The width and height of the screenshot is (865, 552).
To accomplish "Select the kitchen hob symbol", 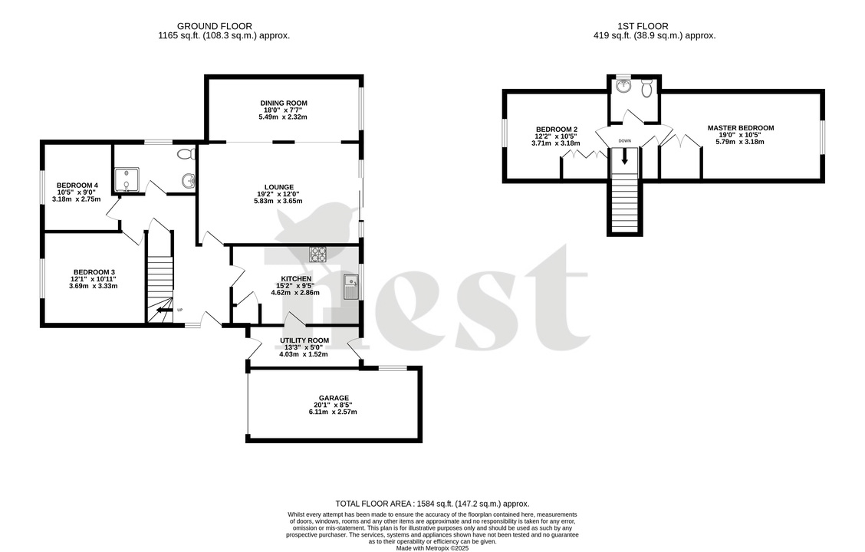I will [x=318, y=254].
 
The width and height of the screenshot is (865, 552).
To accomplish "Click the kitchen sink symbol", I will [x=350, y=286].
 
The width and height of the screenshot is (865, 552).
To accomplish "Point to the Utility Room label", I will [x=304, y=340].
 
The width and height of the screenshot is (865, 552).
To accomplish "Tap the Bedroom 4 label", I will [x=77, y=186].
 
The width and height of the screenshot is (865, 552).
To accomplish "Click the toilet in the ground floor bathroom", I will [x=185, y=154].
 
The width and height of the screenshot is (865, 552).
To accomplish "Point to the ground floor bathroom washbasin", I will [x=189, y=181].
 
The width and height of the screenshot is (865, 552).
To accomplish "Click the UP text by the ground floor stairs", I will [x=180, y=310].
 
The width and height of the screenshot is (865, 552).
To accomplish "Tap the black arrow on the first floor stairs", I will [x=625, y=157].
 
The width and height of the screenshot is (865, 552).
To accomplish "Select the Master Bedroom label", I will [x=740, y=128].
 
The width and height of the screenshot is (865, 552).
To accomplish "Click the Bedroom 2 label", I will [x=556, y=130].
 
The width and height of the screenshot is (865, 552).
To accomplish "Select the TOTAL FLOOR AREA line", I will [x=432, y=503].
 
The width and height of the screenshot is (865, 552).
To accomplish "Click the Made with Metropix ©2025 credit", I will [x=432, y=548].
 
